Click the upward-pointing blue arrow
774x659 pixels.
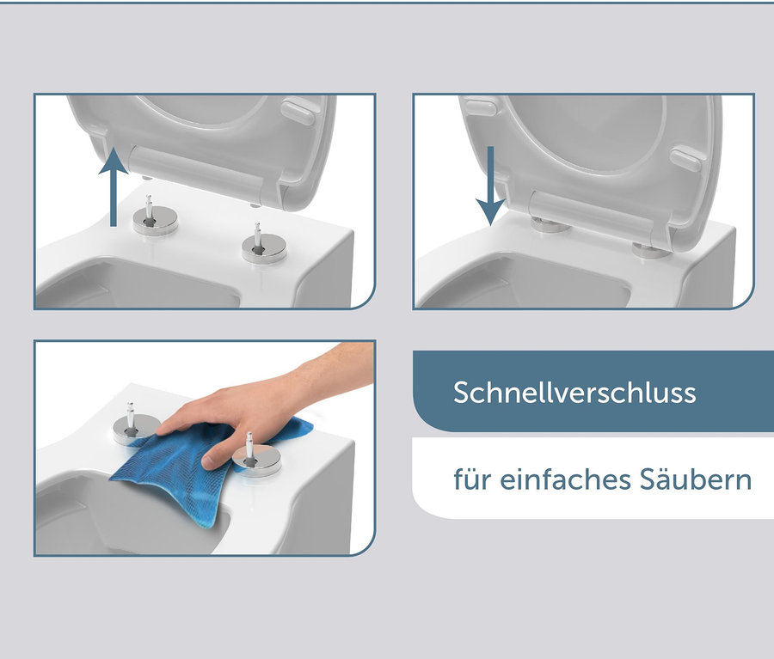point(114,185)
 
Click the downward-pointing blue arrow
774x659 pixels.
point(490,186)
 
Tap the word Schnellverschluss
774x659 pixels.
point(574,393)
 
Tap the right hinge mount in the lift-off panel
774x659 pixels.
point(259,247)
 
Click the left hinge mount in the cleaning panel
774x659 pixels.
point(135,426)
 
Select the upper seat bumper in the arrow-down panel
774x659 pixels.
point(480,108)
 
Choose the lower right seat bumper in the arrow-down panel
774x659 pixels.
point(686,158)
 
